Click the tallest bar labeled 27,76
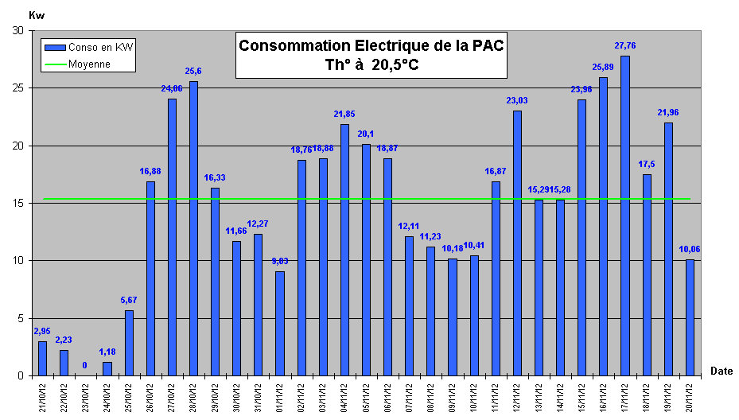tap(624, 215)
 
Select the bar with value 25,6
tap(193, 228)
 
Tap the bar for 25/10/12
tap(129, 343)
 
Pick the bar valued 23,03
tap(517, 243)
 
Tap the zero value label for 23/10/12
tap(85, 366)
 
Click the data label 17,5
tap(647, 165)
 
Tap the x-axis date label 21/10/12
tap(42, 396)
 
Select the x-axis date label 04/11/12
tap(344, 396)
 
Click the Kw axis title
tap(37, 14)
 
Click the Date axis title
tap(721, 371)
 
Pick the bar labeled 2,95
tap(42, 358)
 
